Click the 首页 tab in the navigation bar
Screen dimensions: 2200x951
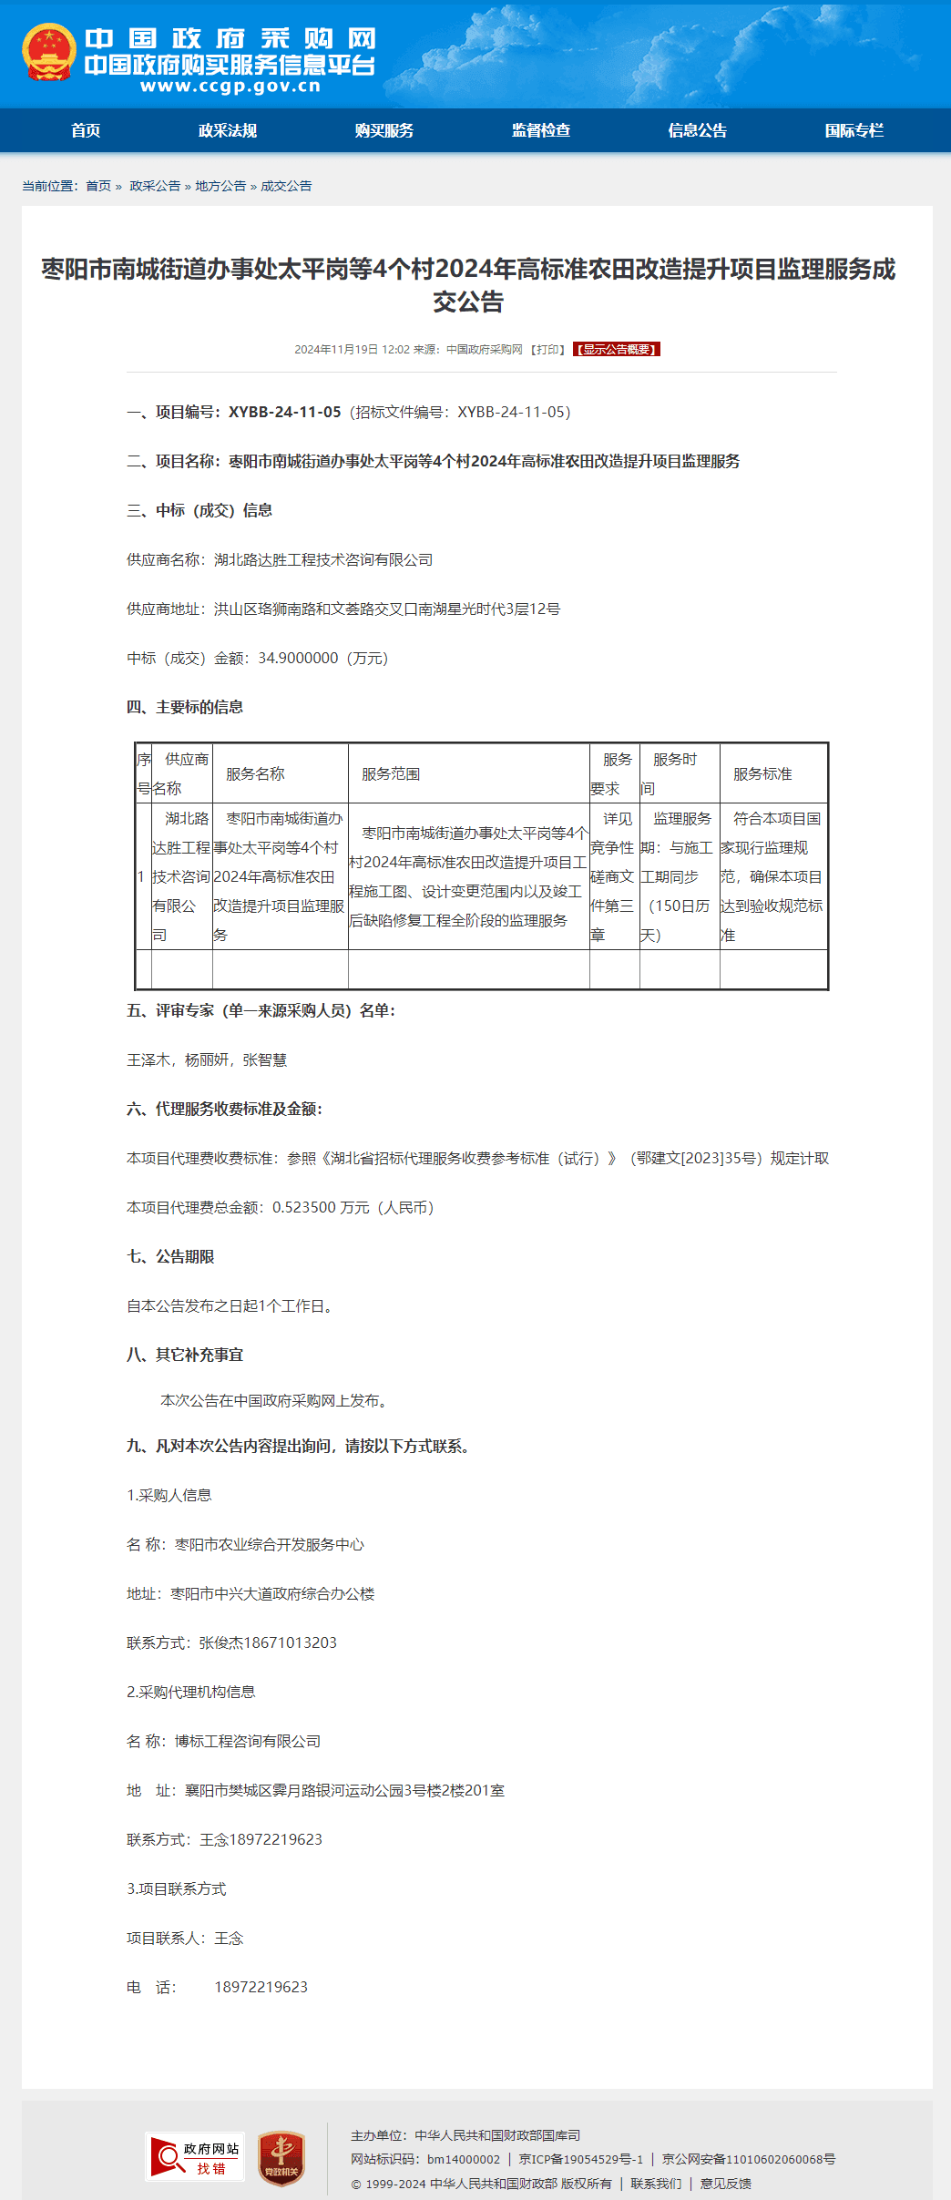click(86, 130)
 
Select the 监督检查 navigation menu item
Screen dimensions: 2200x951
click(541, 130)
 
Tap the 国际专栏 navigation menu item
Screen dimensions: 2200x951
click(854, 130)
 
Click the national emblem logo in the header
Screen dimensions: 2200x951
click(49, 53)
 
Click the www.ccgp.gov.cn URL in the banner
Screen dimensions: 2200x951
click(230, 87)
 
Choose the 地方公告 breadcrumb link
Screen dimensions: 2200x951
click(220, 186)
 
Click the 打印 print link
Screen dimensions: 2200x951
click(547, 350)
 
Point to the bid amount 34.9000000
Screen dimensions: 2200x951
click(298, 658)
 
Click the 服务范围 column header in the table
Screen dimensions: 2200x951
click(391, 773)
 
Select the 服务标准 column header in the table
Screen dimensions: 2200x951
click(762, 773)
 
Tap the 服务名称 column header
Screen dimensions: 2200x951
click(255, 773)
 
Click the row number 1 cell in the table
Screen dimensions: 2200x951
click(141, 876)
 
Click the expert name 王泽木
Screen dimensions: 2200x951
click(148, 1059)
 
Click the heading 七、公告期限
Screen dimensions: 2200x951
click(170, 1256)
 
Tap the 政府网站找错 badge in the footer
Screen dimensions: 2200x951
click(195, 2156)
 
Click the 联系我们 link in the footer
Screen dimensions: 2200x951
click(656, 2184)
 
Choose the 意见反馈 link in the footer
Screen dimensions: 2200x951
click(725, 2184)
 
